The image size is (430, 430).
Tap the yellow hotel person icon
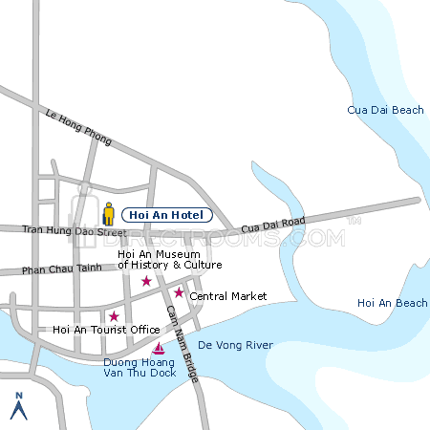109,214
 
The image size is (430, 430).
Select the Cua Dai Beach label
385,111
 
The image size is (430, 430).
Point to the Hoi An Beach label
392,303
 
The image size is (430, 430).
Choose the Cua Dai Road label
272,226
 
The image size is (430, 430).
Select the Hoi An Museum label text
169,259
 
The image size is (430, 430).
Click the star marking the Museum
146,281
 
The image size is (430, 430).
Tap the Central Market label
227,296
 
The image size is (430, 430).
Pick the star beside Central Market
179,292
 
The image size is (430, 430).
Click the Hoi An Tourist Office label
106,330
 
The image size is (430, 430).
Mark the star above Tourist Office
114,316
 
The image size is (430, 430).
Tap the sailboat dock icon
159,348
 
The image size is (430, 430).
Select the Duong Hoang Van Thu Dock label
140,368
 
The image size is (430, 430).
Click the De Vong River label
235,345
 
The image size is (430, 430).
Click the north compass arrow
17,410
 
